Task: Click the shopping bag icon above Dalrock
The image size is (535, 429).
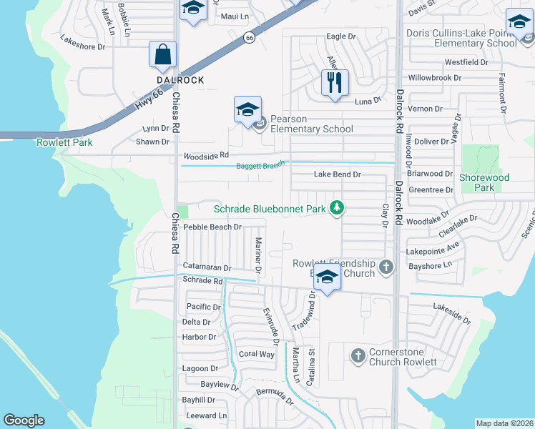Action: pos(163,54)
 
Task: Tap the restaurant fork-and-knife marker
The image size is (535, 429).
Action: pos(334,83)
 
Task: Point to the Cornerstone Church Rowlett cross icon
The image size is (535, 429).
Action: pos(358,355)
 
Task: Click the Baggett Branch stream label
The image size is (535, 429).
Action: pos(260,166)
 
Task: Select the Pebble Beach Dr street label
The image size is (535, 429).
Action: pos(212,227)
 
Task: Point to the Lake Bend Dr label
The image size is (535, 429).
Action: pos(338,174)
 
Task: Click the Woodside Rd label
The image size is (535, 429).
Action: pos(206,155)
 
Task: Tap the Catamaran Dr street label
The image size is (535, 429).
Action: pos(207,267)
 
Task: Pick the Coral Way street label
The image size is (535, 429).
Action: pos(256,354)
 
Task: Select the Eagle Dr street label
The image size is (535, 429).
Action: pos(340,36)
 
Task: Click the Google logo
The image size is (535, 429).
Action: pos(24,420)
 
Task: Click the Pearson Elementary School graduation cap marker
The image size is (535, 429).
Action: pos(247,109)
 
